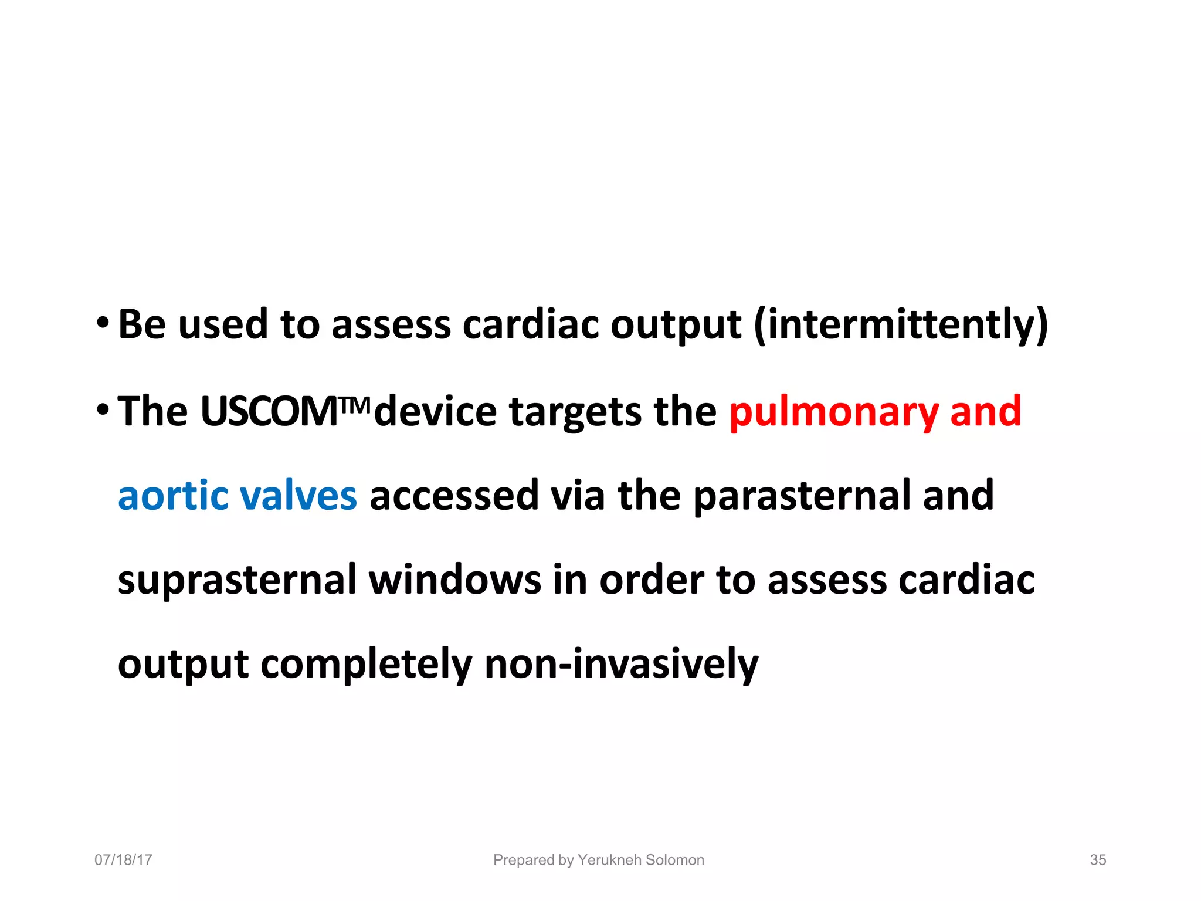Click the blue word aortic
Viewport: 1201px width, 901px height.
pos(173,496)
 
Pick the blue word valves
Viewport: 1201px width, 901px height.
pos(298,496)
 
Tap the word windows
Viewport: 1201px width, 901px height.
pos(454,580)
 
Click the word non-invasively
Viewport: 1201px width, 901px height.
pos(622,664)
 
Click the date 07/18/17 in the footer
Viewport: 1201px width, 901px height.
pos(123,860)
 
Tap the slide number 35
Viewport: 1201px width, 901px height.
pos(1098,860)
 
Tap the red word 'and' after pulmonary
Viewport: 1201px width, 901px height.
pos(985,411)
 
